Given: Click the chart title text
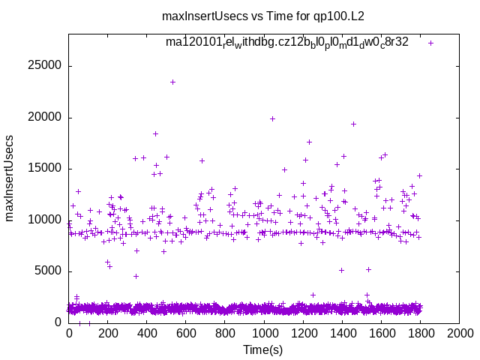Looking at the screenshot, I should click(x=239, y=15).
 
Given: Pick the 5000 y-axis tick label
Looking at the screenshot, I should click(x=47, y=271).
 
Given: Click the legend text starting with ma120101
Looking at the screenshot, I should click(x=287, y=43).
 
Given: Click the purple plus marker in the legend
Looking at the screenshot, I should click(x=430, y=43).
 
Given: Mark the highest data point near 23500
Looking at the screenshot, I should click(x=172, y=82).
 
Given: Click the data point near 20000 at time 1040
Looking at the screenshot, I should click(x=272, y=118).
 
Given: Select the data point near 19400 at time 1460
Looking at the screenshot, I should click(x=353, y=124).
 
